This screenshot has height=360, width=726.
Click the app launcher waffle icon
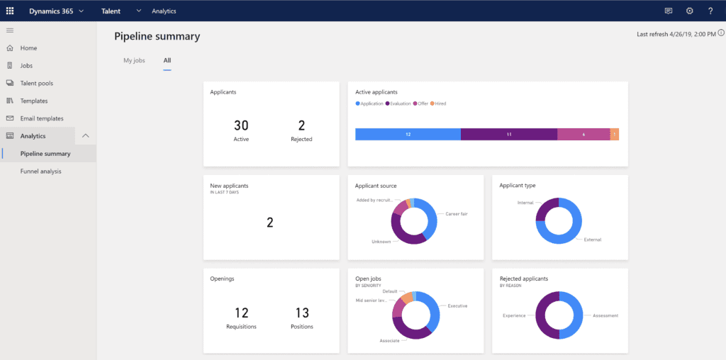click(10, 11)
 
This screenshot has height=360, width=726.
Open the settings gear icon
click(689, 11)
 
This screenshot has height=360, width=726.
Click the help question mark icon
click(710, 11)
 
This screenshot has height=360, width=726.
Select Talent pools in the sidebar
click(36, 83)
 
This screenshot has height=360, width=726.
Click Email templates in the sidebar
click(41, 118)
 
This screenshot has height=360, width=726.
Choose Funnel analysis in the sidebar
click(40, 171)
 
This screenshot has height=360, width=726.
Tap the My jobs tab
click(134, 60)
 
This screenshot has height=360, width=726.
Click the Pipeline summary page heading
click(157, 36)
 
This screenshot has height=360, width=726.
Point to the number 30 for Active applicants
click(241, 125)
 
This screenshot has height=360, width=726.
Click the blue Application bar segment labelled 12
click(408, 134)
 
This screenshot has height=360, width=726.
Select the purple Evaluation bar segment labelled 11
click(508, 134)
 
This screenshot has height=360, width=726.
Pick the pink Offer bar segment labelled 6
click(583, 134)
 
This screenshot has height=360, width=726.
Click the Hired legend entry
click(440, 103)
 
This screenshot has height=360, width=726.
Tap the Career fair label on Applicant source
click(457, 213)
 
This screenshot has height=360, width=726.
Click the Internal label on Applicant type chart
click(525, 203)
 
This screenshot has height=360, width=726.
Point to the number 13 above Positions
click(301, 313)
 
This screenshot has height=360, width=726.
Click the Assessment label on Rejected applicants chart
click(605, 315)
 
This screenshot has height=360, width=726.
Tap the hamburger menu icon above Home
click(10, 30)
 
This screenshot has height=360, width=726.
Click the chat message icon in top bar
click(668, 11)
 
